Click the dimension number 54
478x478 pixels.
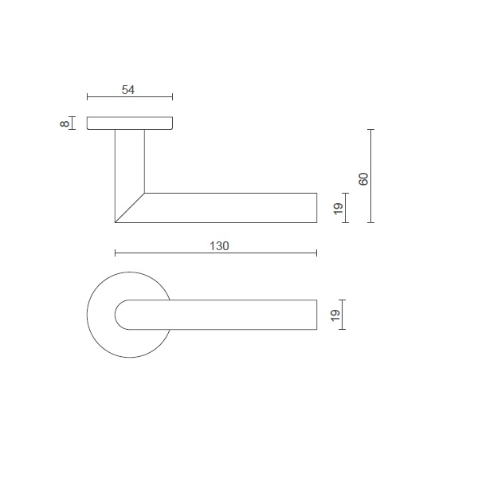(128, 89)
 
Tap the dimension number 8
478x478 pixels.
(63, 123)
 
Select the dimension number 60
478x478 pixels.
(363, 178)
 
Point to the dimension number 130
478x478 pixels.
(219, 246)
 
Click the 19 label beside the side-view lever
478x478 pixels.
(337, 208)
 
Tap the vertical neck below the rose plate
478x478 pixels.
(129, 163)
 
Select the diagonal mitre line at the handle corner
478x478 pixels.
(130, 207)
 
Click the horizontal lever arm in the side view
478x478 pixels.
(231, 208)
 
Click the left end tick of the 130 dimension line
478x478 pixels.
(116, 253)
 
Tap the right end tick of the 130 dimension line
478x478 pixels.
(317, 253)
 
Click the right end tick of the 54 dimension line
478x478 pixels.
(172, 98)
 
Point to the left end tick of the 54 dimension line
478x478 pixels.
(87, 98)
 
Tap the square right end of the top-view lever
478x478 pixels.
(316, 315)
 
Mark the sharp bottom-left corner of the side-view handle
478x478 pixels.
(116, 221)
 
